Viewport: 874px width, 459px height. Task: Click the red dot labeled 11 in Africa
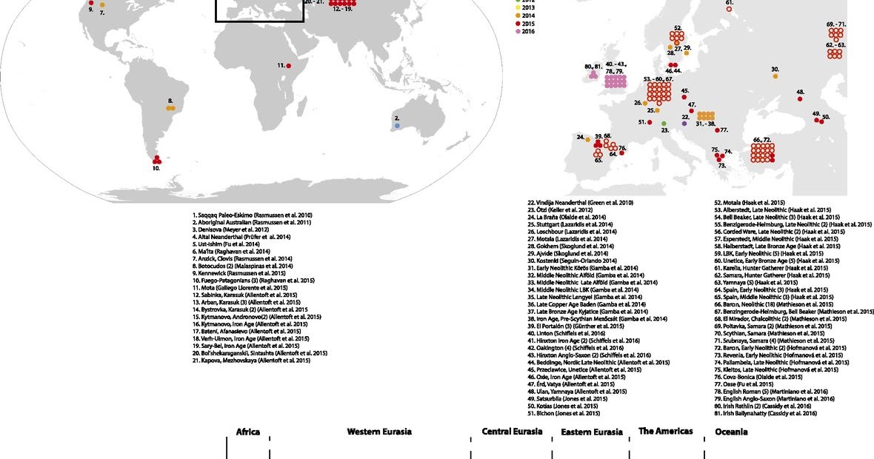[x=289, y=67]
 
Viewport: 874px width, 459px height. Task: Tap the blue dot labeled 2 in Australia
[x=398, y=126]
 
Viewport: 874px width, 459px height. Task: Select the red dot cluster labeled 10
[x=156, y=159]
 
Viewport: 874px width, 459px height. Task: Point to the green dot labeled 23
[x=664, y=123]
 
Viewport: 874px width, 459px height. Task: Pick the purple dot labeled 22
[x=685, y=124]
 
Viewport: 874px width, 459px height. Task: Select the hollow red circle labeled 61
[x=730, y=10]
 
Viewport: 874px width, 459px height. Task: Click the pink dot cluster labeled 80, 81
[x=593, y=75]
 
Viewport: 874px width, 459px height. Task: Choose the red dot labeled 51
[x=650, y=122]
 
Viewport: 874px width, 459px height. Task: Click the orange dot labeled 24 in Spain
[x=588, y=138]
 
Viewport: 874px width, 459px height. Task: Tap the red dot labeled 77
[x=717, y=130]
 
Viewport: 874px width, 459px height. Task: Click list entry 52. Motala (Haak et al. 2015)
[x=749, y=202]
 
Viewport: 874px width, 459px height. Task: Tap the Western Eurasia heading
[x=379, y=432]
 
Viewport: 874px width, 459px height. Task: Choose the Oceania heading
[x=730, y=432]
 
